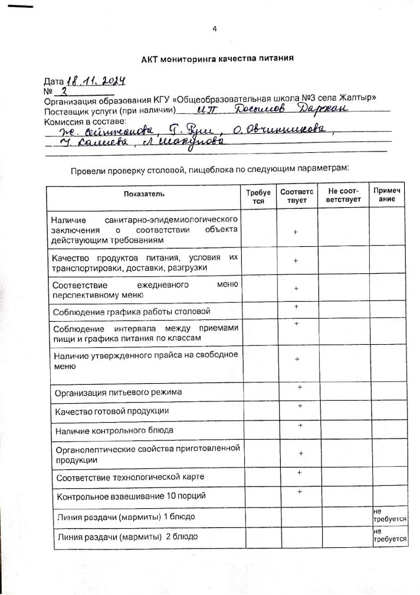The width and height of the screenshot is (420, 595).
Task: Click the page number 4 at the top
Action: coord(215,28)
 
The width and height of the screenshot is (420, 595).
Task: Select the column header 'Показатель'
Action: coord(145,194)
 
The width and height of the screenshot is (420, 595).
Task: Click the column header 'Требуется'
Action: coord(257,197)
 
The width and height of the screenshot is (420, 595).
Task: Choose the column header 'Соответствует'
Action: coord(297,197)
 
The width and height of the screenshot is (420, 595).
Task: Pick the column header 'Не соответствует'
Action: coord(343,197)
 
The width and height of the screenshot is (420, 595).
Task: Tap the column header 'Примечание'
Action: coord(386,195)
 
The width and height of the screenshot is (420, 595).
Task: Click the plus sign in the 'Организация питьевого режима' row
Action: coord(300,387)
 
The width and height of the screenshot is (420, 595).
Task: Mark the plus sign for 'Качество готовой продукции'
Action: coord(300,406)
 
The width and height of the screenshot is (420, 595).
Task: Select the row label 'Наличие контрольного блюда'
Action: coord(114,431)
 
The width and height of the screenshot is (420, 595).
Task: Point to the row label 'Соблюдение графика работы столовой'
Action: coord(132,311)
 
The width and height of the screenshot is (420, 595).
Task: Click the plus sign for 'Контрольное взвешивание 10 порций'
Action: coord(300,492)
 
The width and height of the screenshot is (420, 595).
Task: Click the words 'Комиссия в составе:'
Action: coord(81,120)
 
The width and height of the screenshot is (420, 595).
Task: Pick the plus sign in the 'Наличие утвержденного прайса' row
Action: coord(297,359)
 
